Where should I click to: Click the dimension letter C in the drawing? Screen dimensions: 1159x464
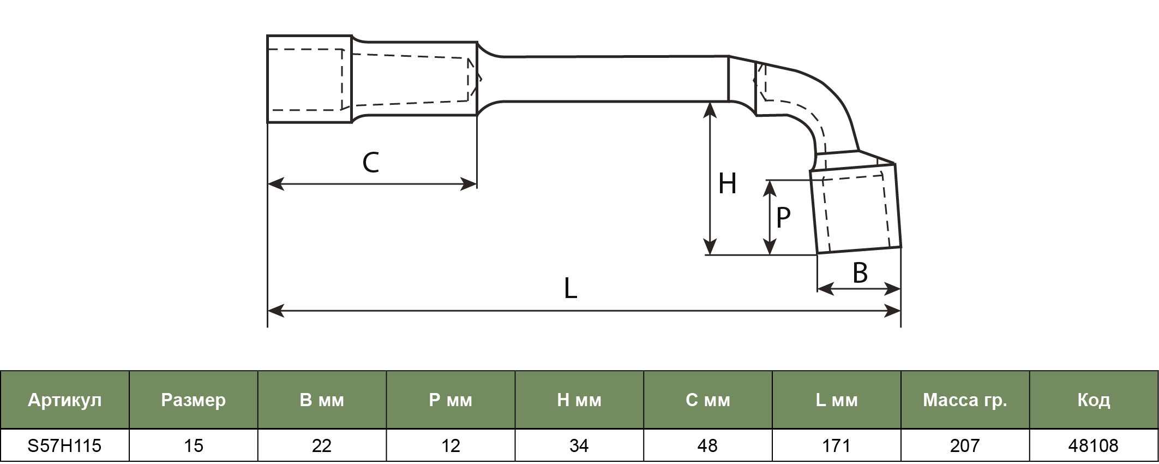(371, 163)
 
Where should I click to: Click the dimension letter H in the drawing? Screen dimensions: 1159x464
(728, 183)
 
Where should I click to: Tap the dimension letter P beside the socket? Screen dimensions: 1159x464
(783, 217)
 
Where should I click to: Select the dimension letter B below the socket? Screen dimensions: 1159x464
(860, 273)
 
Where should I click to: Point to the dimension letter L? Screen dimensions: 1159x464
(570, 288)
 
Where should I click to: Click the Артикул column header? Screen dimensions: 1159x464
(65, 400)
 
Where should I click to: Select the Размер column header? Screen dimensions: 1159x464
(194, 401)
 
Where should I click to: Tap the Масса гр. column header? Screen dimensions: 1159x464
(965, 401)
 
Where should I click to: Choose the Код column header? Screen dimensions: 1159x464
(1094, 401)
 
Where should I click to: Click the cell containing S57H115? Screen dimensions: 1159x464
(65, 446)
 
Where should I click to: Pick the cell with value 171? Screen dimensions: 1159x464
(836, 446)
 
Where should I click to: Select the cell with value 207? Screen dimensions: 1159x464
(965, 446)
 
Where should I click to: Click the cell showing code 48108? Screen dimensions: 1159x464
(1094, 446)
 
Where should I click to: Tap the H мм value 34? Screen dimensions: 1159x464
(579, 446)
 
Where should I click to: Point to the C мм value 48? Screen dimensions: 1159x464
(708, 446)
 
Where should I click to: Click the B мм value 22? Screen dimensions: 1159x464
(322, 446)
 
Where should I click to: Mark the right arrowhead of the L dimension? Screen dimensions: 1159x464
(893, 311)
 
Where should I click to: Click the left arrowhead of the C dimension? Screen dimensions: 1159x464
(275, 184)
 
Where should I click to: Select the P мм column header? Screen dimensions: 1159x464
(451, 401)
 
